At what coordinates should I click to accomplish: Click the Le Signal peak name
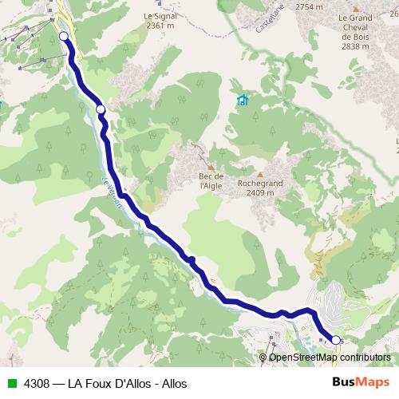159,15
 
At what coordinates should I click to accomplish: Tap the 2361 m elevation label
159,26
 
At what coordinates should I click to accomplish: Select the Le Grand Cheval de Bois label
355,26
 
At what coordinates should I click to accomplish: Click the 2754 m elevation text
309,6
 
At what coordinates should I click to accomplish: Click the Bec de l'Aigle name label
211,180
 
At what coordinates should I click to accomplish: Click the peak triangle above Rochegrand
260,172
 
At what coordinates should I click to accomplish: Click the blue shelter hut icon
242,101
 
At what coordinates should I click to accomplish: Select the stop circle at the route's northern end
64,36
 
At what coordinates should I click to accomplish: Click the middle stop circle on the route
101,109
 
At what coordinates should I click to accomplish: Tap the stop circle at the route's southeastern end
336,340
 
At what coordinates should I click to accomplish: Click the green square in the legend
10,382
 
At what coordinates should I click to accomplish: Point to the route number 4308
37,382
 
